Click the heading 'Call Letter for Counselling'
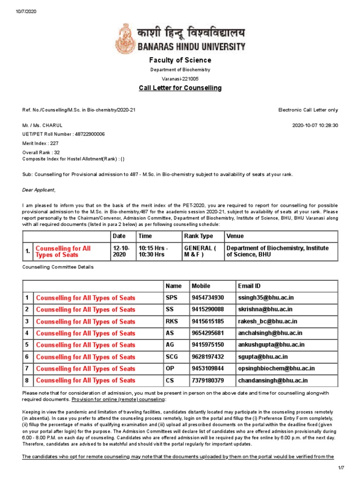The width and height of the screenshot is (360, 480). (180, 88)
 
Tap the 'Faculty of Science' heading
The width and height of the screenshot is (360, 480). (180, 60)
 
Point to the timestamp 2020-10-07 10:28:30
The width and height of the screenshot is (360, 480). (315, 126)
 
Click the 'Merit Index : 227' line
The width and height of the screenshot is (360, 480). (41, 143)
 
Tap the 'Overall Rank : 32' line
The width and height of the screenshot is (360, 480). (41, 153)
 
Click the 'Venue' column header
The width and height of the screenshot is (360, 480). (235, 236)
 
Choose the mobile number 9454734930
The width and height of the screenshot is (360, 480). (208, 298)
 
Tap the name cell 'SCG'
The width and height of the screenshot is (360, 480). (172, 357)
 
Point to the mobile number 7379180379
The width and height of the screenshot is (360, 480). (208, 380)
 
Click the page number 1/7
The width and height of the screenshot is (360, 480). (341, 469)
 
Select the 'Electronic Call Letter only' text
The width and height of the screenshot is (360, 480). (308, 110)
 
